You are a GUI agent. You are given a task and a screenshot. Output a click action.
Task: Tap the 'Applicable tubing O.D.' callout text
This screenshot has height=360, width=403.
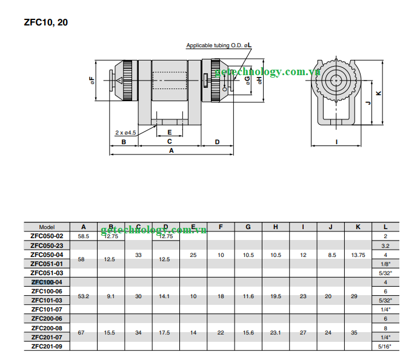219,45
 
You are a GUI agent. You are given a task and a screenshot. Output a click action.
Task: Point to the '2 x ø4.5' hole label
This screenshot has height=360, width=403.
125,132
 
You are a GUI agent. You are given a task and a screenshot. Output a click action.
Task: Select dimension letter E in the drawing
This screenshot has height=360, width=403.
169,132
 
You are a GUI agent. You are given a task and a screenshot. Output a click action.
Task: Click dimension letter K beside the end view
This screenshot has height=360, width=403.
379,93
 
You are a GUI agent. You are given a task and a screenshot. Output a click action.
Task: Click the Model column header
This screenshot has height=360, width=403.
47,227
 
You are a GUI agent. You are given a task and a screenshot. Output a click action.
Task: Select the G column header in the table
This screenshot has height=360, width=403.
248,227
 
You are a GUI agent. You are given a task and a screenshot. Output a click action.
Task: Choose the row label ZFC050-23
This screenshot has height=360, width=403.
47,245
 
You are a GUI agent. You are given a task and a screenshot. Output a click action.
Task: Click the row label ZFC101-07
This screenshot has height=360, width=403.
47,309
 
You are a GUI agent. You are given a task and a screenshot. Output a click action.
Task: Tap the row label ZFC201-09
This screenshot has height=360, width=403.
47,345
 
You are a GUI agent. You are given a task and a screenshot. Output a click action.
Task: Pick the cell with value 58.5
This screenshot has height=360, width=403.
83,236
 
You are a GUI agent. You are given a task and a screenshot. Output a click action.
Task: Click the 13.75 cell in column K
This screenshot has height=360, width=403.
358,255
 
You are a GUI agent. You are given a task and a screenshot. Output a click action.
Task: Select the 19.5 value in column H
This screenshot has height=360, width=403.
276,296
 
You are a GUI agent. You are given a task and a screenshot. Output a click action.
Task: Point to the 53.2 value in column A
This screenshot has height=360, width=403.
83,296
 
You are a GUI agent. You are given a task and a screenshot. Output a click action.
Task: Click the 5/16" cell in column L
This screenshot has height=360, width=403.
385,346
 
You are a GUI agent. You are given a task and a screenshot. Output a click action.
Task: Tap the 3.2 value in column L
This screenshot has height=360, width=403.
385,246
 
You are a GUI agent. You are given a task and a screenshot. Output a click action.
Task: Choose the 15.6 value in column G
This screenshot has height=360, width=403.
248,332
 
